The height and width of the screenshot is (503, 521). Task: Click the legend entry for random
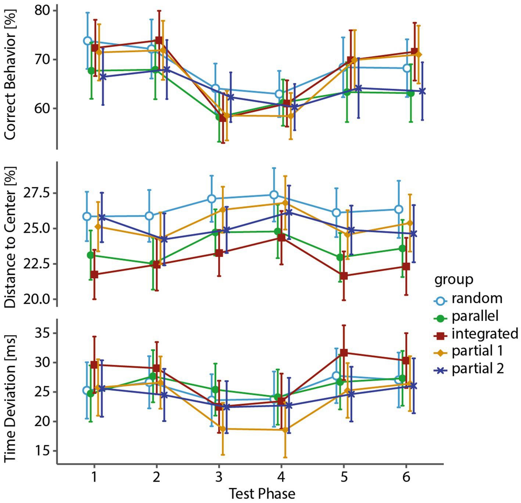(x=477, y=298)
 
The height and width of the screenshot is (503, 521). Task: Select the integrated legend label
(x=485, y=334)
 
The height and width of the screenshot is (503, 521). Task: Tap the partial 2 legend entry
(x=477, y=369)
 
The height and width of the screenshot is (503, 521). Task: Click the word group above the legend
(x=454, y=280)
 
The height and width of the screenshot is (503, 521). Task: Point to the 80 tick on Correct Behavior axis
(x=43, y=10)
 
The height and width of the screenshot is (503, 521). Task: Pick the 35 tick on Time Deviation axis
(x=43, y=333)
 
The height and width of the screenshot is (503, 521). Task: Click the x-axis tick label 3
(x=219, y=477)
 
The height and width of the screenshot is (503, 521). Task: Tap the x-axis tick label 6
(x=406, y=477)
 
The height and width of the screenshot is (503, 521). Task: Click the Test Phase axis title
(x=262, y=493)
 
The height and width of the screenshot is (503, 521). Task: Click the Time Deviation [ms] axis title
(x=10, y=398)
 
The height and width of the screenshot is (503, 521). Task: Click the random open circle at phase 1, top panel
(x=87, y=41)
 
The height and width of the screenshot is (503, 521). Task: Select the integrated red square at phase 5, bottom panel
(x=344, y=353)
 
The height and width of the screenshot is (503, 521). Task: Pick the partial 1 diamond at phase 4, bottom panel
(x=285, y=430)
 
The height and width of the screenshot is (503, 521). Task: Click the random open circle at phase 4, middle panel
(x=274, y=195)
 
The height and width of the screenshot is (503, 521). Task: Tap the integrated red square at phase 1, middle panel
(x=94, y=274)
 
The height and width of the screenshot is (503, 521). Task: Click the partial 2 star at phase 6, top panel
(x=422, y=91)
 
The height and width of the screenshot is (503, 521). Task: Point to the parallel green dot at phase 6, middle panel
(x=402, y=248)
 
